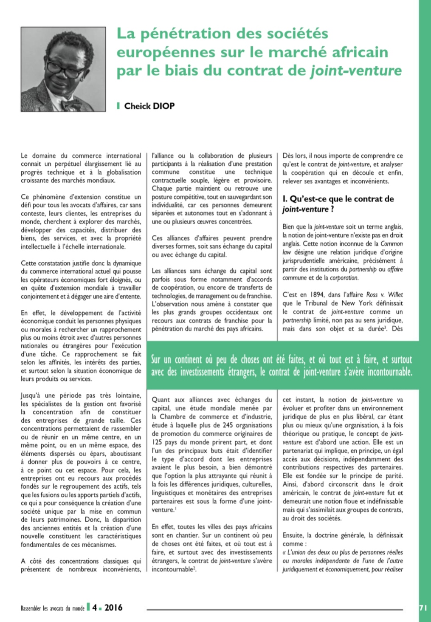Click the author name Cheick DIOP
click(x=149, y=106)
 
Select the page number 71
click(x=423, y=608)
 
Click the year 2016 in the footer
click(x=113, y=608)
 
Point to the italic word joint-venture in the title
click(x=356, y=71)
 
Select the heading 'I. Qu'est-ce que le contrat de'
click(x=338, y=199)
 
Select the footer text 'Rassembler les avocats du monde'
click(x=53, y=608)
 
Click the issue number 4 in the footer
click(x=94, y=608)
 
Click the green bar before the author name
click(x=118, y=106)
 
